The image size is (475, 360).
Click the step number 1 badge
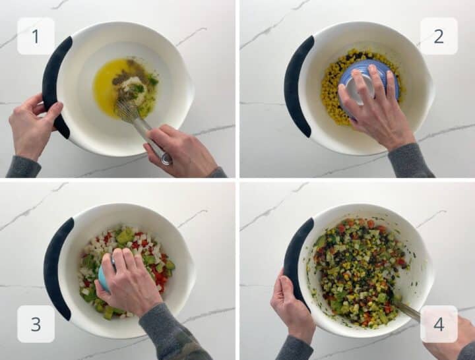[36, 36]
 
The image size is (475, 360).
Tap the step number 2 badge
[439, 36]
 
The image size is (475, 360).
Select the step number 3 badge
[36, 324]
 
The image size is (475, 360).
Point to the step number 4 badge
[439, 324]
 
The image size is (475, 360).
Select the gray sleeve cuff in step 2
[409, 162]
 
